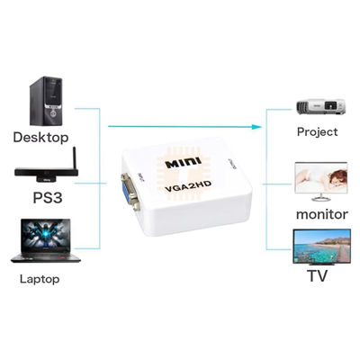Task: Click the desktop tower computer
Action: pos(46,101)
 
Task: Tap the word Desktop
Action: pos(40,138)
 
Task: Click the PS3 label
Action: pos(48,198)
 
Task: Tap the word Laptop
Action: pos(40,279)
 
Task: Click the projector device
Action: pos(320,107)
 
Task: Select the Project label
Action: pos(317,132)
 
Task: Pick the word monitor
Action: pos(322,214)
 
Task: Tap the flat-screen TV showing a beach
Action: pos(321,247)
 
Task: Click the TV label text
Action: pos(317,275)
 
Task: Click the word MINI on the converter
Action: pos(184,163)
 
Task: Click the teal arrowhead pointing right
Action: pos(256,127)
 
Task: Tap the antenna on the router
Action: pos(75,158)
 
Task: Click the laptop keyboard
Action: pos(46,257)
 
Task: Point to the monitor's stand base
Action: pos(321,199)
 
